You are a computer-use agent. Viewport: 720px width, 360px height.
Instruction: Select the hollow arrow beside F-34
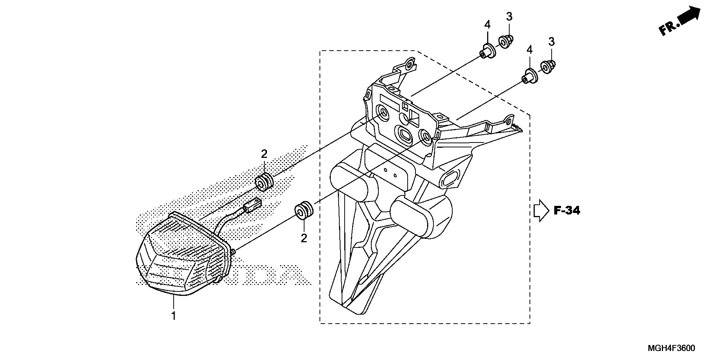tap(541, 211)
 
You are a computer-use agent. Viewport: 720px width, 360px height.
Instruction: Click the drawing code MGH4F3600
tap(671, 348)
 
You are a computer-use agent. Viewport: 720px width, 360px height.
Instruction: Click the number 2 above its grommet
tap(264, 154)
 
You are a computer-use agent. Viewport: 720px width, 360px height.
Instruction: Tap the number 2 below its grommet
tap(304, 238)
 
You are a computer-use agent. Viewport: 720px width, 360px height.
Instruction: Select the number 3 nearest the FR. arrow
tap(551, 42)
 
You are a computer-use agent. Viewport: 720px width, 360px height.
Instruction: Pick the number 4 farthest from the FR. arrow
tap(487, 25)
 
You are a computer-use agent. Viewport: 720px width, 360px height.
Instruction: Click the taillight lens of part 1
tap(173, 263)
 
